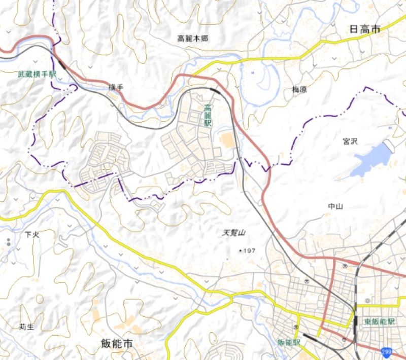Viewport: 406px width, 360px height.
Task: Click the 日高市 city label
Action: click(364, 30)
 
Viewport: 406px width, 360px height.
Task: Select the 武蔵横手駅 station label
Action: click(37, 74)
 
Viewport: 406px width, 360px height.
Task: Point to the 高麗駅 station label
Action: click(208, 116)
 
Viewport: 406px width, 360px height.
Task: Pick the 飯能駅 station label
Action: click(289, 343)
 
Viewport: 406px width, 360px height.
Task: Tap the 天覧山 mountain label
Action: click(234, 233)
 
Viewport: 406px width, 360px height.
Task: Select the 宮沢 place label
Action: click(350, 141)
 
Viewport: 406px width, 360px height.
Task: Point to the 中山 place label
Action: click(336, 206)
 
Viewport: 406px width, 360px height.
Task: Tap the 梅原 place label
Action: click(299, 90)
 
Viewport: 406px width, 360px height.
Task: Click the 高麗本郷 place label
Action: click(192, 39)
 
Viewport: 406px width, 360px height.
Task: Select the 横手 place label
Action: click(116, 87)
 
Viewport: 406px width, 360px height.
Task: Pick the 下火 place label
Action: click(31, 235)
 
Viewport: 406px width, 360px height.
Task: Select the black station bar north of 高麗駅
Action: click(215, 92)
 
